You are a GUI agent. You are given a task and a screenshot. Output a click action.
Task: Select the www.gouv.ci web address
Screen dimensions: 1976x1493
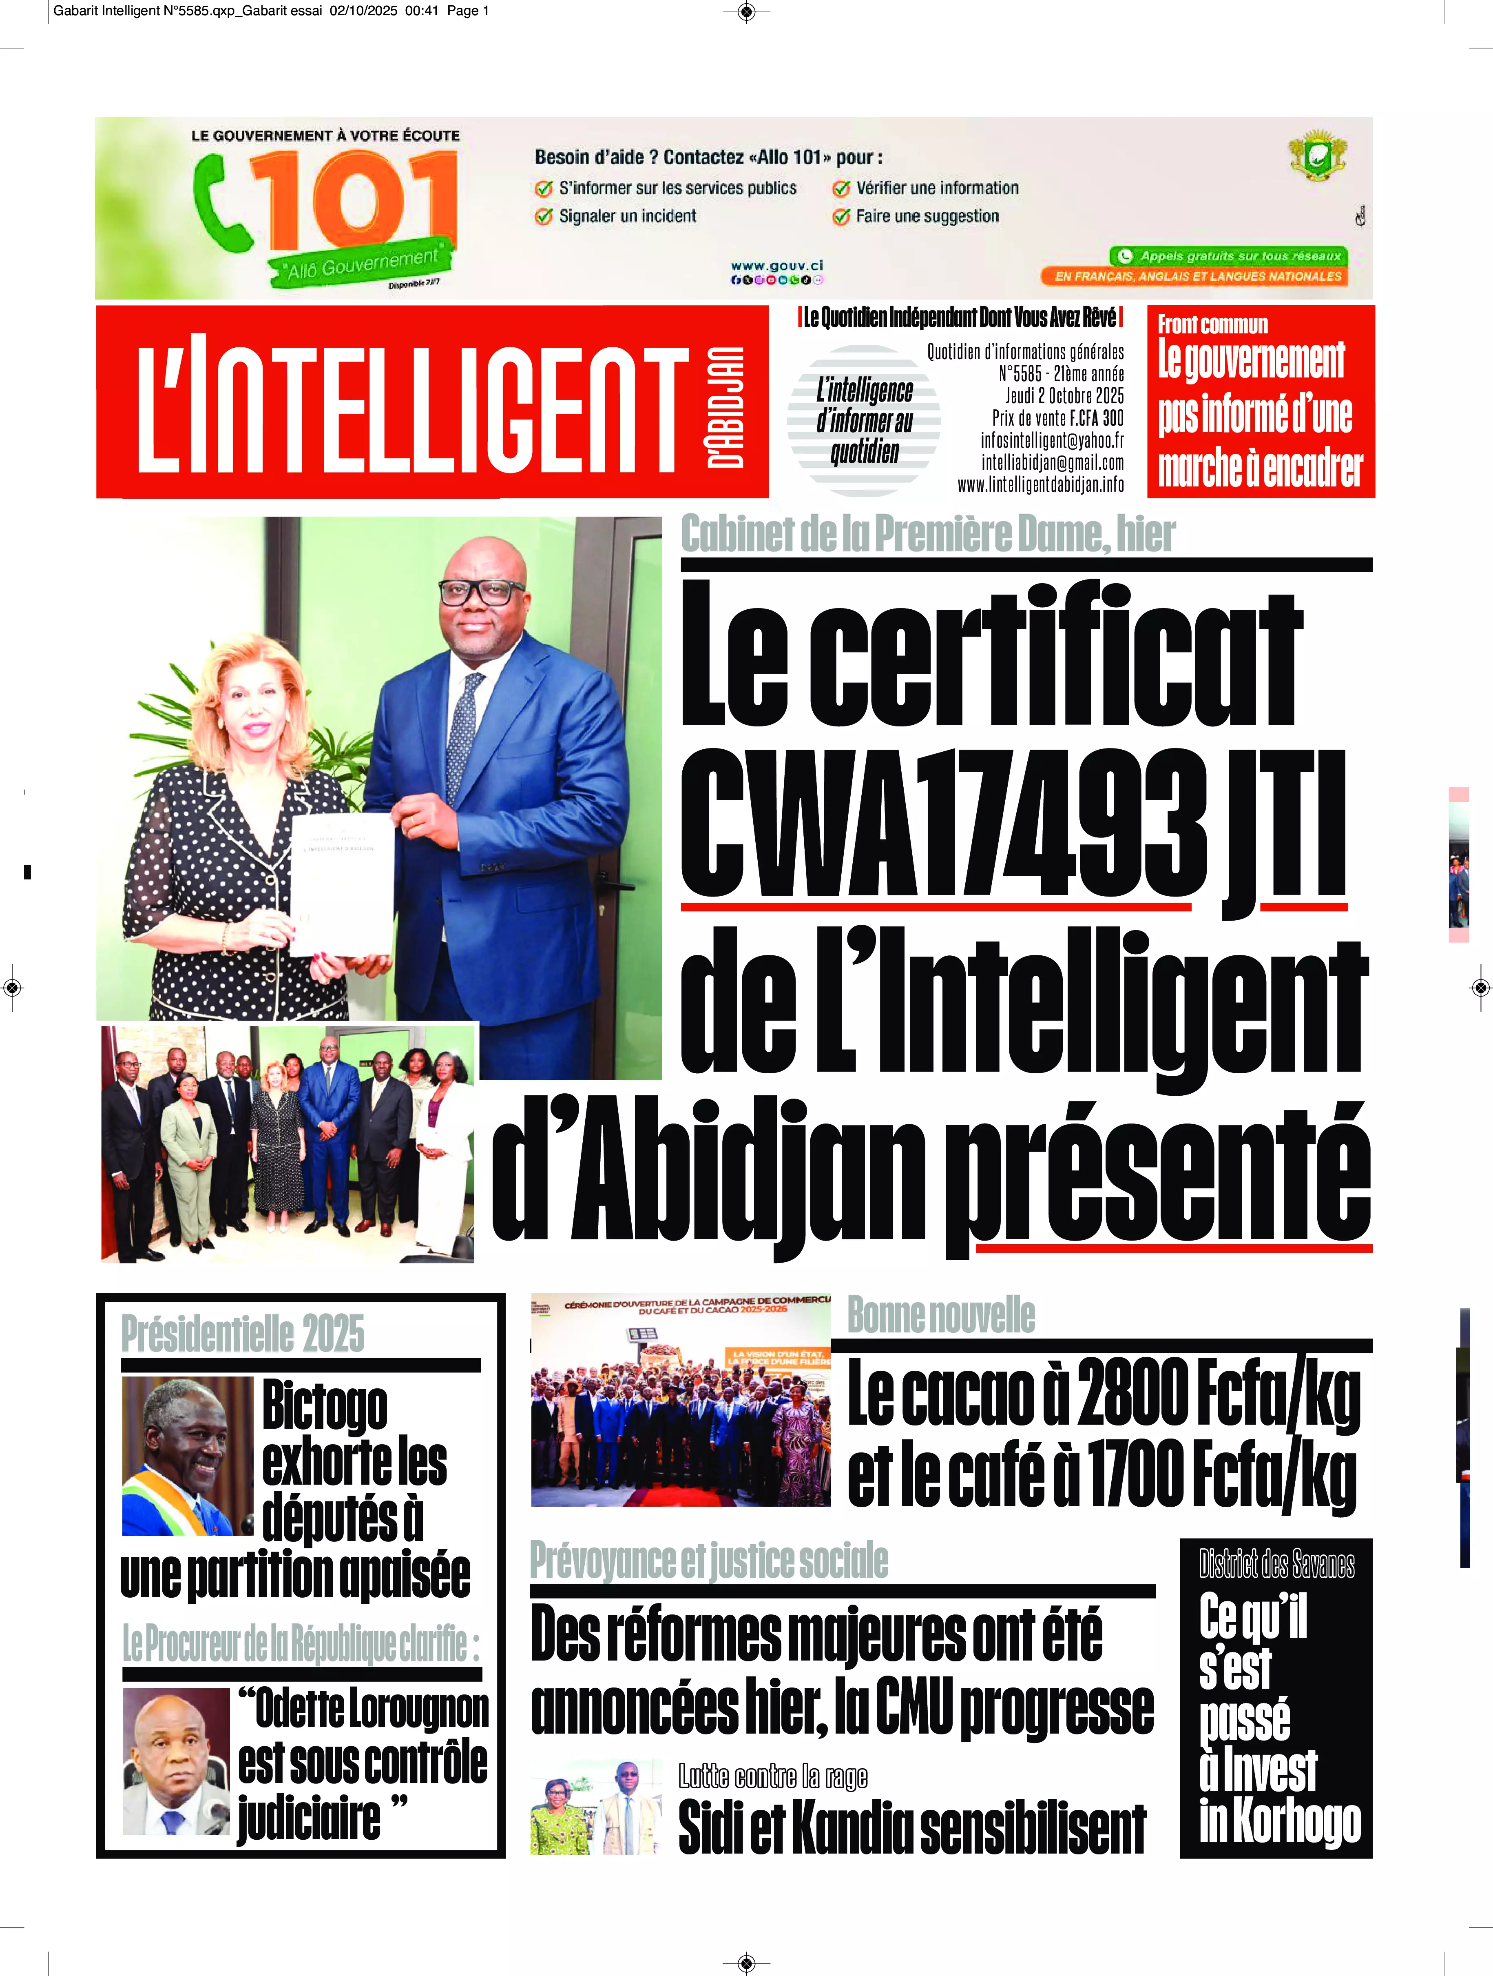(776, 265)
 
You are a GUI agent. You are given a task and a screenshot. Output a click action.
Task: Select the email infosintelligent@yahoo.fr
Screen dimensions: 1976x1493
(1052, 440)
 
